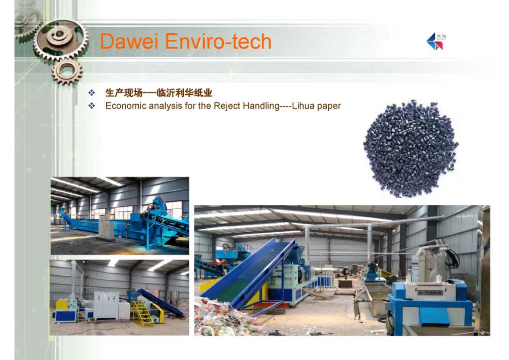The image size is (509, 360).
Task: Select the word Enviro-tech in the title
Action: click(x=218, y=42)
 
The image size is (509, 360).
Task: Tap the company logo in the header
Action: click(x=435, y=41)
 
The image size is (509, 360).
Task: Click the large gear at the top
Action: click(x=61, y=39)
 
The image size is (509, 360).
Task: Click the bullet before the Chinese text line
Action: click(x=91, y=93)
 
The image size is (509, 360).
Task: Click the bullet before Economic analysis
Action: click(x=91, y=106)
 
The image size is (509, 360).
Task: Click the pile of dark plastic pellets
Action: click(x=411, y=149)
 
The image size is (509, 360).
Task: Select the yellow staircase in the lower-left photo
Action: click(x=142, y=313)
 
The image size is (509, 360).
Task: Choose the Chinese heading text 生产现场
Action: click(x=124, y=93)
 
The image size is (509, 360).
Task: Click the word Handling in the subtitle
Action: click(x=261, y=106)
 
